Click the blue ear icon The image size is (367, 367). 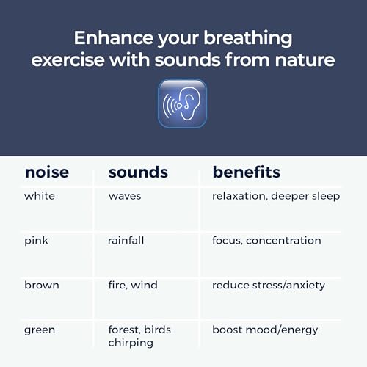(x=182, y=103)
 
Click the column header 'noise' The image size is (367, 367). (x=47, y=172)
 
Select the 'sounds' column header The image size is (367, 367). (x=138, y=172)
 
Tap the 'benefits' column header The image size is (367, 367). (x=247, y=172)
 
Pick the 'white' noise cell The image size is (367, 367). (x=40, y=196)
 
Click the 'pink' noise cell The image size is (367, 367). (x=37, y=241)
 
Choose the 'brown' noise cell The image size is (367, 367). (x=42, y=285)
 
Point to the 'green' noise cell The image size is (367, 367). (x=40, y=330)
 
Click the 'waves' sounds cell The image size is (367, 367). (x=125, y=196)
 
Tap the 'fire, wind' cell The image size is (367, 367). (x=133, y=285)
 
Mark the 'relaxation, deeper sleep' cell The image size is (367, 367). (x=276, y=196)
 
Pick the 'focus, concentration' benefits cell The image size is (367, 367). (x=266, y=241)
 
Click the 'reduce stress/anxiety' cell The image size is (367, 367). (x=269, y=285)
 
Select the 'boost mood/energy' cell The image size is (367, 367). (x=265, y=330)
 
